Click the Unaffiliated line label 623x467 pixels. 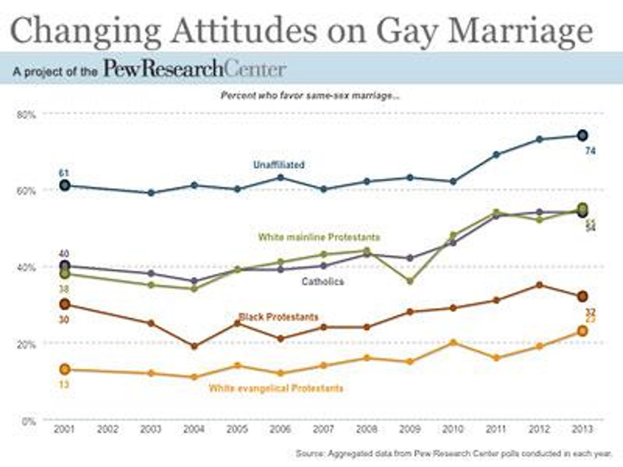click(x=279, y=164)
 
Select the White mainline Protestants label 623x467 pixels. click(x=319, y=237)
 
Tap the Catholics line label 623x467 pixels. click(x=323, y=282)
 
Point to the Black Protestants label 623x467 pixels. click(x=278, y=317)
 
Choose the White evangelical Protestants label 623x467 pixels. click(x=276, y=388)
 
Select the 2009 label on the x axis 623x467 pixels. click(x=410, y=430)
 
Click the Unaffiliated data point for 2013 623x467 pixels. click(x=583, y=135)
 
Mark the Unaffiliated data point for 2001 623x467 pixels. click(x=64, y=185)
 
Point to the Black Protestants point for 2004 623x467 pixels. click(x=194, y=346)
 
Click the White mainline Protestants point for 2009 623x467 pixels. click(x=410, y=281)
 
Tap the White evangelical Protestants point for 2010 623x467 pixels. click(x=453, y=342)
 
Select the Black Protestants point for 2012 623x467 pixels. click(x=539, y=285)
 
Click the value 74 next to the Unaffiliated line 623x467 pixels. click(x=590, y=152)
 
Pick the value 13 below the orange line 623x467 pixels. click(x=64, y=384)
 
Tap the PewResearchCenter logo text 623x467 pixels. click(x=195, y=68)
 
